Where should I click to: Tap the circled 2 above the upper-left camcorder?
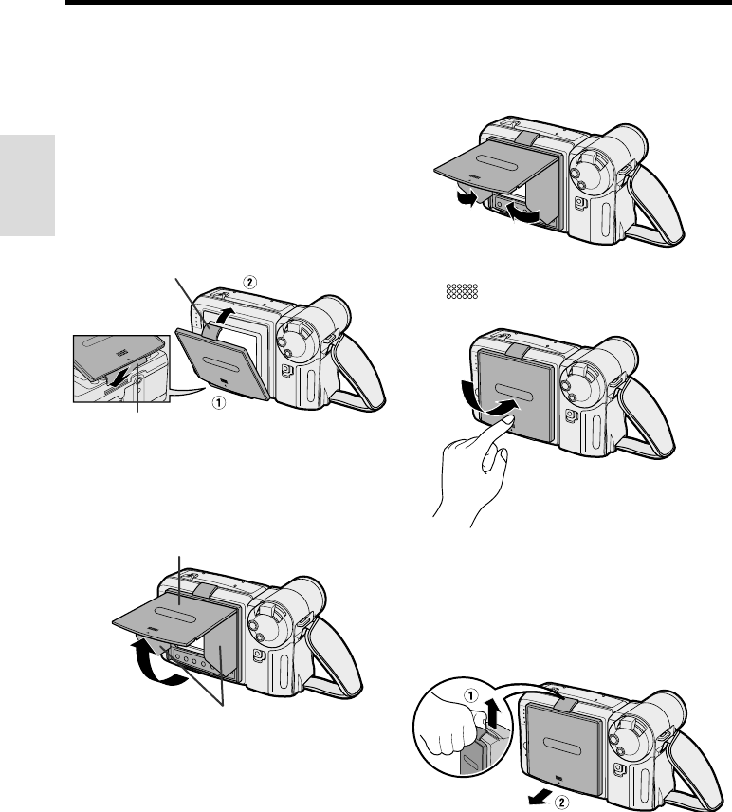[248, 283]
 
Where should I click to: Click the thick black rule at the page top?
[398, 4]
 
